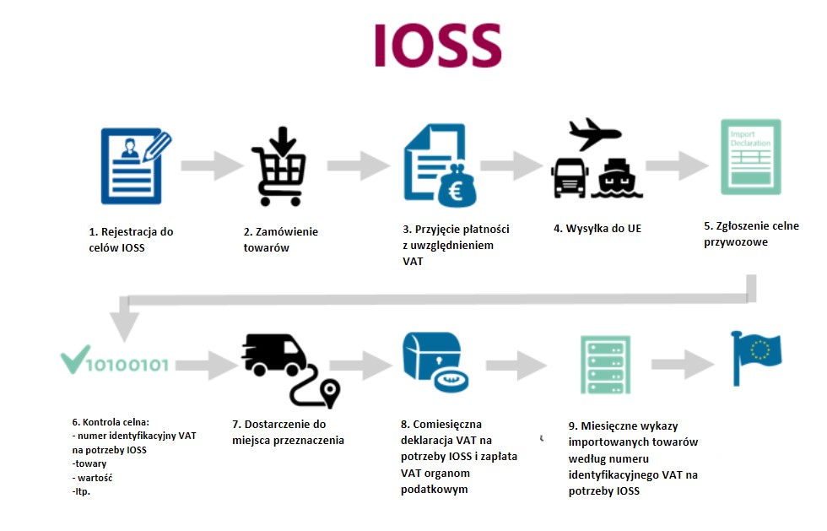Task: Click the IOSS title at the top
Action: (438, 46)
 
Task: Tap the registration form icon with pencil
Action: (133, 165)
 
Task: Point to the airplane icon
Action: (594, 133)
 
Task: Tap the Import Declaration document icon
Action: (749, 157)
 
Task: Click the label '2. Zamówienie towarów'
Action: (280, 239)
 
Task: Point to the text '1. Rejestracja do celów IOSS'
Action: (131, 239)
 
